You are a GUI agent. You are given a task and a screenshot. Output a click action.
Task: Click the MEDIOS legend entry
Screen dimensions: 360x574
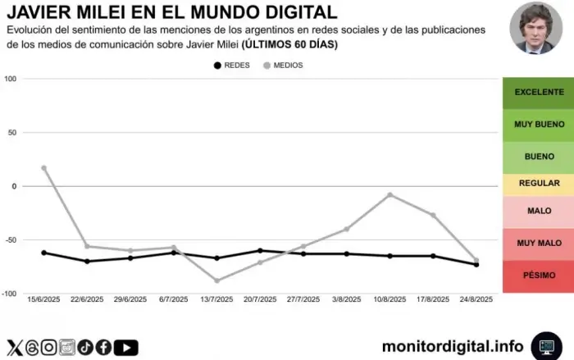[x=283, y=65]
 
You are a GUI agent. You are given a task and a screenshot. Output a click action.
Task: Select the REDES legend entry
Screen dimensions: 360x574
[x=231, y=65]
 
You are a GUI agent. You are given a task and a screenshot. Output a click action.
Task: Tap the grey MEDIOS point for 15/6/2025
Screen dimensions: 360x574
[x=43, y=168]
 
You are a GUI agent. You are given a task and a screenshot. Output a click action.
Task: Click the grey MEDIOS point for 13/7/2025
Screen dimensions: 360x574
[x=216, y=280]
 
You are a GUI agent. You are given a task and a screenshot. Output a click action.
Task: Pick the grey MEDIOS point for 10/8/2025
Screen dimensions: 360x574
[x=389, y=194]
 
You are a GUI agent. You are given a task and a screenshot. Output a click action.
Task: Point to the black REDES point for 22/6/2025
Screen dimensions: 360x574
[x=87, y=262]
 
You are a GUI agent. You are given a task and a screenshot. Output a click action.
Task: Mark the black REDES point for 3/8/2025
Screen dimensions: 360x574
[x=347, y=254]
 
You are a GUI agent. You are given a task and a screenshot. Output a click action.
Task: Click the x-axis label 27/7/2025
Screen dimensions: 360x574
[x=303, y=300]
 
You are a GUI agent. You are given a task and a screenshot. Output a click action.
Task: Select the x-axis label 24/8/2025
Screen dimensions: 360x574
[x=476, y=300]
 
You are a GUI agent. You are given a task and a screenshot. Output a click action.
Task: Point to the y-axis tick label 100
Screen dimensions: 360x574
[x=11, y=79]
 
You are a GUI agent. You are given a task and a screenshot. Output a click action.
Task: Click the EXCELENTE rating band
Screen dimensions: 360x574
[x=539, y=93]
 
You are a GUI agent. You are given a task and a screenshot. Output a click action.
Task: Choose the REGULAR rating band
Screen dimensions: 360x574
[x=539, y=184]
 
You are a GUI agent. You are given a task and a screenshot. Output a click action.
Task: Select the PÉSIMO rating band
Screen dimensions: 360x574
[x=539, y=275]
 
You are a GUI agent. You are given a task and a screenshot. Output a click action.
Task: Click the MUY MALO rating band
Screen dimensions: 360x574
[x=539, y=243]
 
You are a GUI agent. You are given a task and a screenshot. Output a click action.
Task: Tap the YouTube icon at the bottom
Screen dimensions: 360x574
[x=125, y=347]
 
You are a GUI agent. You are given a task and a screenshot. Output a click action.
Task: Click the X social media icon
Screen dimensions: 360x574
[x=14, y=347]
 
